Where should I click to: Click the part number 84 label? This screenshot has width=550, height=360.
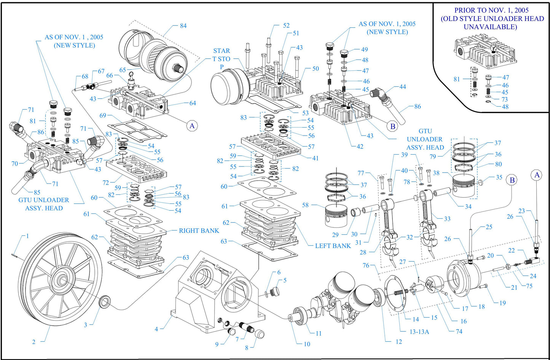pyautogui.click(x=183, y=26)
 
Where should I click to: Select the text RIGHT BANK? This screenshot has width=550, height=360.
pyautogui.click(x=199, y=230)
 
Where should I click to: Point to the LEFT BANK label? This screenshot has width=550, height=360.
pyautogui.click(x=333, y=246)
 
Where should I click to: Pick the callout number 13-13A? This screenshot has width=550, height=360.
pyautogui.click(x=419, y=331)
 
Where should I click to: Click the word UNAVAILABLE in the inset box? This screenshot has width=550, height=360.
pyautogui.click(x=490, y=27)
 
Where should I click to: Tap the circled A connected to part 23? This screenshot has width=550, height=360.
pyautogui.click(x=537, y=175)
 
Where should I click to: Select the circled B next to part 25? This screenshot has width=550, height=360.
pyautogui.click(x=512, y=180)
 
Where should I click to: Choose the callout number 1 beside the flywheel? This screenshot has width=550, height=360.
pyautogui.click(x=27, y=236)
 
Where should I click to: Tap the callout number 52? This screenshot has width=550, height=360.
pyautogui.click(x=286, y=26)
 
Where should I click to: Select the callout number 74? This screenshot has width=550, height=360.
pyautogui.click(x=459, y=331)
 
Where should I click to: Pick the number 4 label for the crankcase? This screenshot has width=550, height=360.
pyautogui.click(x=156, y=329)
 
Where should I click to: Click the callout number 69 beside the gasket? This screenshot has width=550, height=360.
pyautogui.click(x=102, y=115)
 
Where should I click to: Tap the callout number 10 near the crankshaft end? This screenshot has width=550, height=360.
pyautogui.click(x=307, y=344)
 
